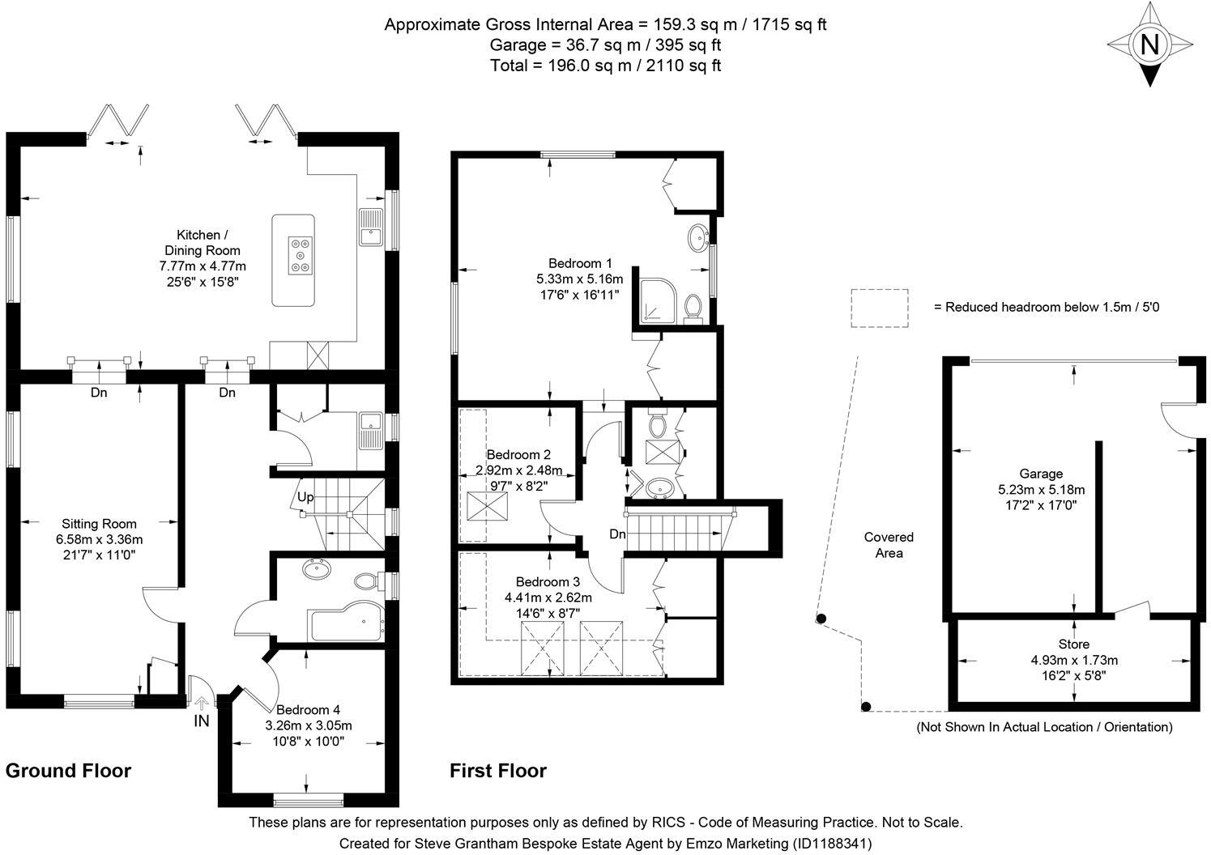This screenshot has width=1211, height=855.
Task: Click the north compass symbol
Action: tap(1149, 44)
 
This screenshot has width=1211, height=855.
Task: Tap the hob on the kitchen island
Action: tap(301, 254)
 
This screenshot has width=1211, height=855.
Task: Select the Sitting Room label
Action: tap(99, 524)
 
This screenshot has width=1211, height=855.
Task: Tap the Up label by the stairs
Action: tap(305, 496)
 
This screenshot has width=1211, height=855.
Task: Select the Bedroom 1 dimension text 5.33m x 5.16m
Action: tap(580, 279)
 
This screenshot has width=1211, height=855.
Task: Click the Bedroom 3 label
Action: tap(548, 582)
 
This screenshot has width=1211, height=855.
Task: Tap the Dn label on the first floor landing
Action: tap(617, 534)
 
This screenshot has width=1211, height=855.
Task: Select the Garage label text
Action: tap(1041, 474)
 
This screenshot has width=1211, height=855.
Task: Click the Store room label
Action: tap(1073, 644)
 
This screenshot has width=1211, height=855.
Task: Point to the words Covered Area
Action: tap(889, 545)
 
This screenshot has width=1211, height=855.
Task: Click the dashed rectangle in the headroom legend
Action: tap(879, 308)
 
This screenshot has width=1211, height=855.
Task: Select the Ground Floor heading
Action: tap(68, 770)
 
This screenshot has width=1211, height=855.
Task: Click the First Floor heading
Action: tap(498, 771)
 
